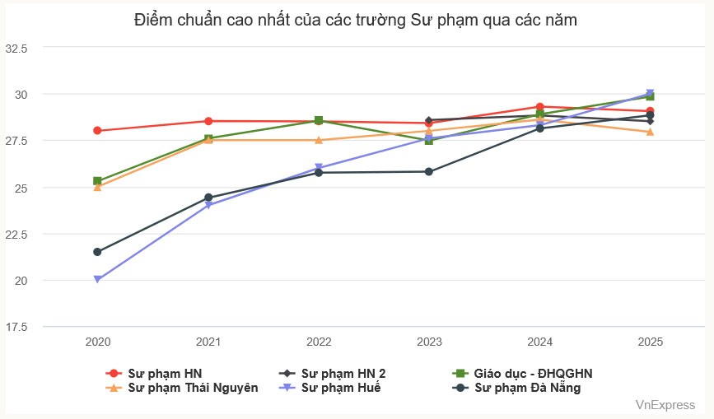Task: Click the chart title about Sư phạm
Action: tap(356, 21)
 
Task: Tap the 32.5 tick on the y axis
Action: tap(17, 48)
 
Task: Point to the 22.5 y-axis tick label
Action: tap(17, 234)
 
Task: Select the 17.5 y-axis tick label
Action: tap(17, 327)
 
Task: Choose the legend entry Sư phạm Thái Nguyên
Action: tap(193, 388)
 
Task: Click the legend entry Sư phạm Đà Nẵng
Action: tap(528, 388)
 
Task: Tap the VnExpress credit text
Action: tap(665, 405)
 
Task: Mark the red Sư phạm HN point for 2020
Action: tap(97, 131)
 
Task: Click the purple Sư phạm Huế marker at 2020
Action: tap(97, 280)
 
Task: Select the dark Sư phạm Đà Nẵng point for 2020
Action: tap(97, 252)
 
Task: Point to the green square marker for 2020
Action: tap(97, 181)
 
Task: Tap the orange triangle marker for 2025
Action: tap(650, 132)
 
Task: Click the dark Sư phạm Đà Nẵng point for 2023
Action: tap(429, 171)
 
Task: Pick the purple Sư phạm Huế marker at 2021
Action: tap(208, 205)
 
